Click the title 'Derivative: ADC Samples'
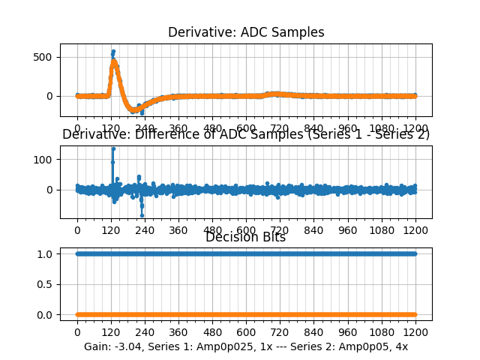coord(246,32)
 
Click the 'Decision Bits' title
coord(245,237)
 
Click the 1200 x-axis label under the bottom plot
coord(415,332)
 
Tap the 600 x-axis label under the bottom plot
coord(246,332)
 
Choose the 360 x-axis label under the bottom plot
coord(178,332)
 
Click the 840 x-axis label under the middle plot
coord(313,231)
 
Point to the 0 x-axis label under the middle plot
coord(76,231)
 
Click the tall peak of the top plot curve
coord(113,52)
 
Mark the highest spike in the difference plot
coord(112,148)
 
